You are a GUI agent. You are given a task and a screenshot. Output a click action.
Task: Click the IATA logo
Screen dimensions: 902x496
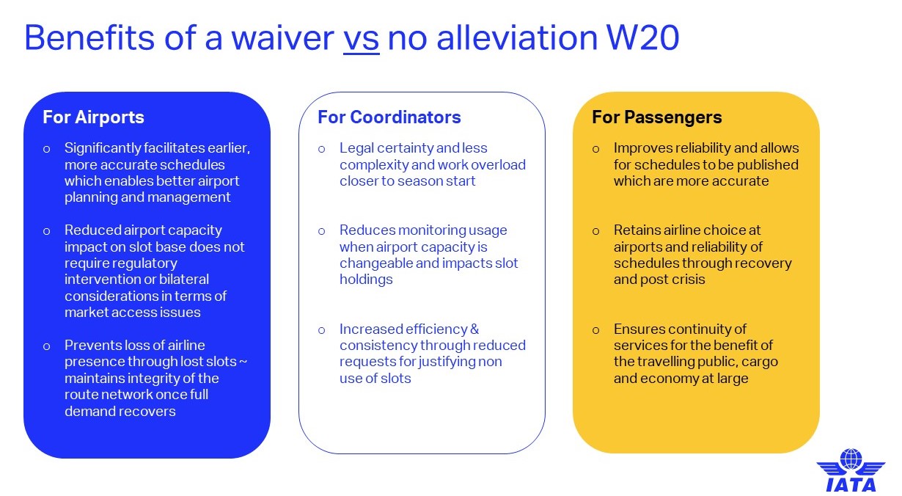pyautogui.click(x=851, y=470)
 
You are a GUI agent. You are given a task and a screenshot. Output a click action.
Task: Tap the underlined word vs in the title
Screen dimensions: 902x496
pyautogui.click(x=362, y=39)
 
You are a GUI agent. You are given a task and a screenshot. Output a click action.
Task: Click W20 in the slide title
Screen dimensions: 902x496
pyautogui.click(x=643, y=38)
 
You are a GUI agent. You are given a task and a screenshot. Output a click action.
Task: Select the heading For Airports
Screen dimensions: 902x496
pyautogui.click(x=93, y=117)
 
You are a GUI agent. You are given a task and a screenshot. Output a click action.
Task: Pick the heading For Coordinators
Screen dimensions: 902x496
pyautogui.click(x=389, y=117)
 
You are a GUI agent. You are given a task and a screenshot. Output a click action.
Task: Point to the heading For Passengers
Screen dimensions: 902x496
pyautogui.click(x=657, y=117)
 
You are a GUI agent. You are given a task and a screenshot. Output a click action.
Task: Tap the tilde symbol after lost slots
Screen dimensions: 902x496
pyautogui.click(x=243, y=362)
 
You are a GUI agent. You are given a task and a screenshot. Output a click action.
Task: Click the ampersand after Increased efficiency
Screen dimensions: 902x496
pyautogui.click(x=474, y=329)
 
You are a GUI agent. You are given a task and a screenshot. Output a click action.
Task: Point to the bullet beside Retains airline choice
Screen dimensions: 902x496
pyautogui.click(x=596, y=231)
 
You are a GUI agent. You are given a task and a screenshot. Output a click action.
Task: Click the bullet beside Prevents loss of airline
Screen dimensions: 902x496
pyautogui.click(x=47, y=346)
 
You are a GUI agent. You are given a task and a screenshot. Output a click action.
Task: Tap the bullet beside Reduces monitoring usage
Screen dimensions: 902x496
pyautogui.click(x=321, y=231)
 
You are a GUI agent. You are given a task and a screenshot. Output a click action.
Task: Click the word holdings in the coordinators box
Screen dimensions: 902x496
pyautogui.click(x=366, y=280)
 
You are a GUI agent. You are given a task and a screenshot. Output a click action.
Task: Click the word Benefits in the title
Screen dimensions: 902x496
pyautogui.click(x=89, y=38)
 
